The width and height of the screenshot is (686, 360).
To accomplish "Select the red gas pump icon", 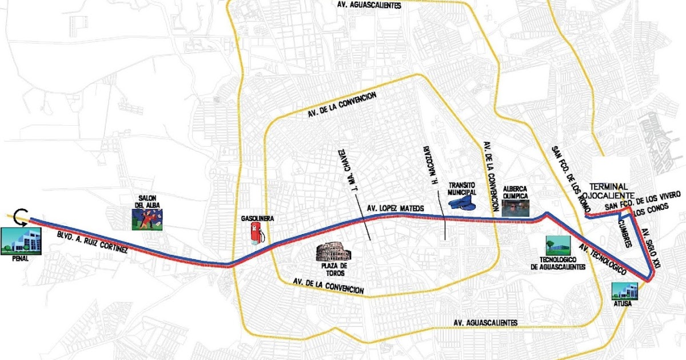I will [257, 232].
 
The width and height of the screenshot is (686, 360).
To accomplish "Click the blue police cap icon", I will [463, 202].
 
